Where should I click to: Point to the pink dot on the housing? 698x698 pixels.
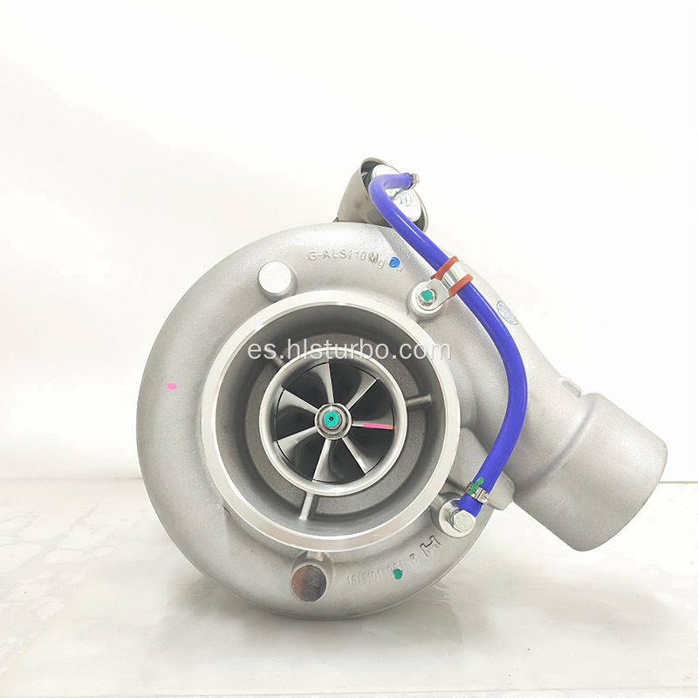coord(171,385)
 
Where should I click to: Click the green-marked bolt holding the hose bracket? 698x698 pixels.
coord(426,298)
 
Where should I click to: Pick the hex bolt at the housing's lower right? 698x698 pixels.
coord(461,522)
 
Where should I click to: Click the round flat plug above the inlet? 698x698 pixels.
coord(275,277)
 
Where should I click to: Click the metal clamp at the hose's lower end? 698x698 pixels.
coord(477,489)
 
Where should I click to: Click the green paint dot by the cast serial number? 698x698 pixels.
coord(399,574)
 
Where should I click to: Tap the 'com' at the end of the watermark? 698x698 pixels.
coord(427,351)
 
